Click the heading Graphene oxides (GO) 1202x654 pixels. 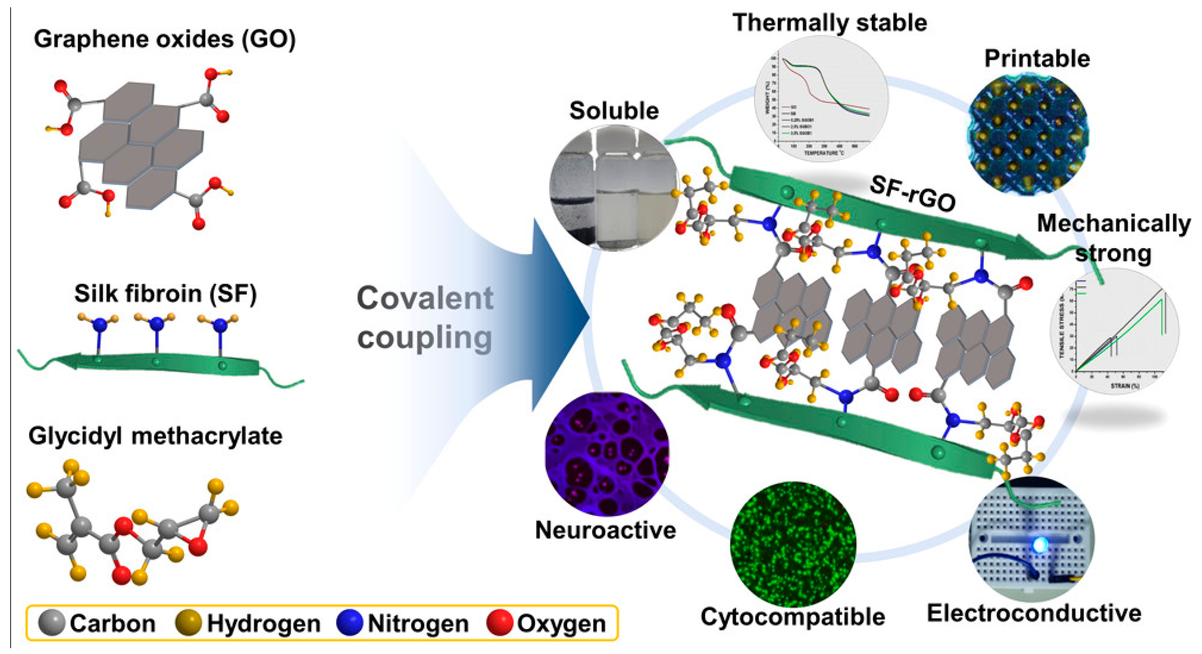[164, 39]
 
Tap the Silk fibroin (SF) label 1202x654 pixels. [165, 294]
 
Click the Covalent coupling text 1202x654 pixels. [424, 317]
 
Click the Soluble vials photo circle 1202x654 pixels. [614, 187]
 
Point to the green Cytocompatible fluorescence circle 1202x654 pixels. [793, 544]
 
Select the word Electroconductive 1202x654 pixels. [1034, 613]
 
